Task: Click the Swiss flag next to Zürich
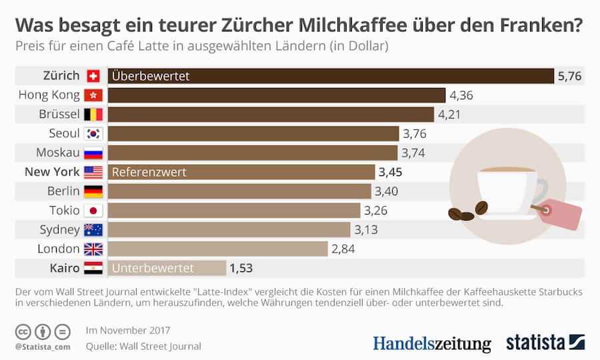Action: click(x=93, y=76)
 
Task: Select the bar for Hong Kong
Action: click(x=277, y=95)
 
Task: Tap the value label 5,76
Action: click(x=569, y=76)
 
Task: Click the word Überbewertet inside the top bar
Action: click(x=151, y=76)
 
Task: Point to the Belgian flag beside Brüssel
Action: click(x=93, y=115)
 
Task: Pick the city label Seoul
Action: click(x=64, y=134)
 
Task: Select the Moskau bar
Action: click(x=253, y=153)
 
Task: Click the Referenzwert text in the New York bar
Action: click(x=149, y=173)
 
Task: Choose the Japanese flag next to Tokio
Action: click(x=93, y=211)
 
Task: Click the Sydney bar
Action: click(x=229, y=230)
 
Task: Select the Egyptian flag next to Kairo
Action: click(x=93, y=269)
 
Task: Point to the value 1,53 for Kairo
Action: click(x=241, y=269)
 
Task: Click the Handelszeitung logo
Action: click(x=431, y=343)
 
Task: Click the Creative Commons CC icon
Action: click(x=22, y=331)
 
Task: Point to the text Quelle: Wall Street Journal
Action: click(x=143, y=346)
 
